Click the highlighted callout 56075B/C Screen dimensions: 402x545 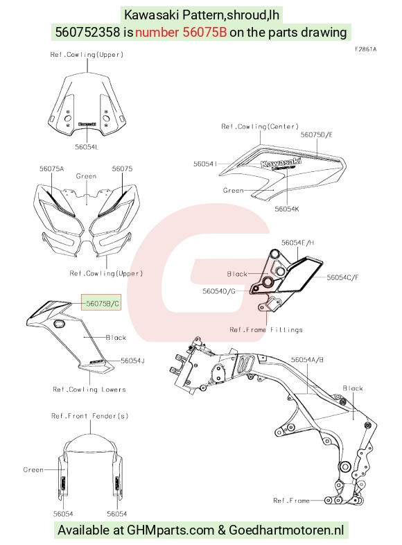(103, 304)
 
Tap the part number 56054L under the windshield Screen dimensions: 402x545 (87, 147)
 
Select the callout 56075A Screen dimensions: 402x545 (51, 168)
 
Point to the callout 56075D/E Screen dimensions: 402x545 (317, 135)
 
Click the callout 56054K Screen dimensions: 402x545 (287, 209)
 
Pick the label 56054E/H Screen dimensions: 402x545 (298, 243)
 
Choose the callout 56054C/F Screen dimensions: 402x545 (342, 277)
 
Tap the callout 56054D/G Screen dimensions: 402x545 (219, 291)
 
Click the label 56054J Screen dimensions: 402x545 (132, 361)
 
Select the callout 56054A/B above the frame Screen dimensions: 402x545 (307, 360)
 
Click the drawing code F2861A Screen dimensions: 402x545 (365, 49)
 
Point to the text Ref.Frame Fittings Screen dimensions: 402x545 (266, 329)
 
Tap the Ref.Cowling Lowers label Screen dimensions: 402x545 (89, 389)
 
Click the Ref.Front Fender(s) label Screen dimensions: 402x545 (89, 416)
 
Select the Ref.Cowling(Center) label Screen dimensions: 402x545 (260, 126)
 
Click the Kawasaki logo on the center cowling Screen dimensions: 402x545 (281, 162)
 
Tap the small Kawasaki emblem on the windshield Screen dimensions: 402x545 (87, 123)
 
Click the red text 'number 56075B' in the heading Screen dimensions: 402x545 (181, 33)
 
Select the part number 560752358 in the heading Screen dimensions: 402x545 (88, 33)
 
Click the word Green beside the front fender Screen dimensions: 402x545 (33, 469)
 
